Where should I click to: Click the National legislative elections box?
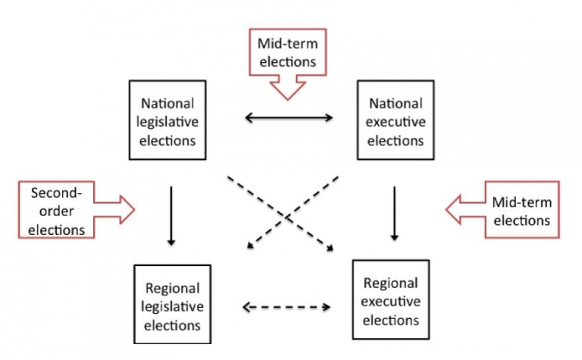click(167, 121)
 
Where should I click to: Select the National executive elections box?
click(396, 121)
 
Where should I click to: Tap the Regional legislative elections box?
click(172, 306)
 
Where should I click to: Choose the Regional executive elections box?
click(390, 302)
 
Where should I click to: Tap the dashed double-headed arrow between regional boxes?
click(287, 307)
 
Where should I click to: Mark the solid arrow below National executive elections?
click(394, 214)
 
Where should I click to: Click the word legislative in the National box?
click(167, 121)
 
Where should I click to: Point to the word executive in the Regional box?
click(390, 302)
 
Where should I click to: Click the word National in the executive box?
click(396, 102)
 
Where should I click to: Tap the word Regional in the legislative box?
click(172, 288)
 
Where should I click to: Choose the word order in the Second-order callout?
click(58, 210)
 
